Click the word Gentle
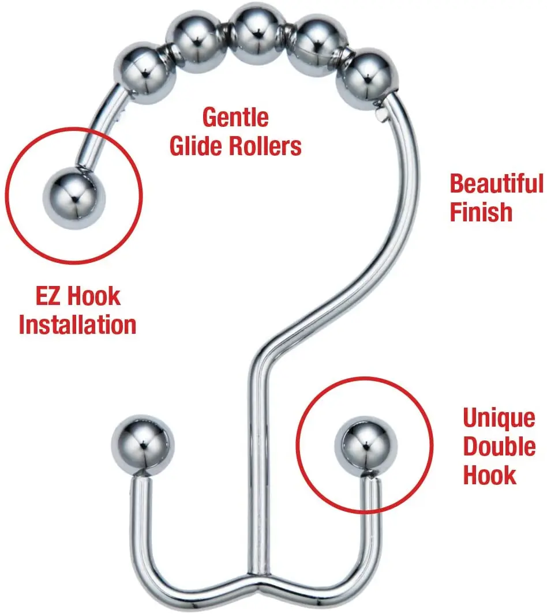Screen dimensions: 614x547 235,118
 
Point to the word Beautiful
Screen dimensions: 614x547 497,184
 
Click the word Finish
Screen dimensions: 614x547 481,212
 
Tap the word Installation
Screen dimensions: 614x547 77,325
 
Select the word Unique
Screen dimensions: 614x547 499,418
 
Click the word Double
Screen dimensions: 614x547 500,447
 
